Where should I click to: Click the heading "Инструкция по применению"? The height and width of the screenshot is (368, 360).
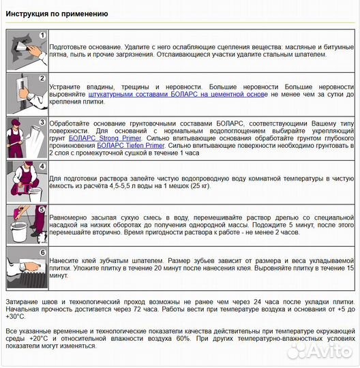(x=57, y=14)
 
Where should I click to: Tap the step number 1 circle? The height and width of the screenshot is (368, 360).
(x=42, y=35)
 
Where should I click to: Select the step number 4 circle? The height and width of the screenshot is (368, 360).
(x=42, y=166)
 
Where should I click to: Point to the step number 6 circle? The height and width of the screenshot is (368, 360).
(x=42, y=253)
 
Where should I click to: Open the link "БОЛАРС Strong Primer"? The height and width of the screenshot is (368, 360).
(x=105, y=138)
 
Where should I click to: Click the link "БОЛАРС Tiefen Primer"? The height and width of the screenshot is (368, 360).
(x=130, y=146)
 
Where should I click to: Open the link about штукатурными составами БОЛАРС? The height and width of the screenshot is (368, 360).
(x=178, y=94)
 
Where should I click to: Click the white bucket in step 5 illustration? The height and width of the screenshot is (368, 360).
(x=19, y=232)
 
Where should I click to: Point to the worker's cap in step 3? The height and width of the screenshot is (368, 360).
(x=16, y=122)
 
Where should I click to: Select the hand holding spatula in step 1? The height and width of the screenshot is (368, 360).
(x=35, y=50)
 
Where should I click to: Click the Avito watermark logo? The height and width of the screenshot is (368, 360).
(x=320, y=351)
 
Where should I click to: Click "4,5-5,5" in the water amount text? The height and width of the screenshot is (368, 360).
(x=119, y=186)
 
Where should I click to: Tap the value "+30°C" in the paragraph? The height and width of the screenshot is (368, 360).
(x=15, y=317)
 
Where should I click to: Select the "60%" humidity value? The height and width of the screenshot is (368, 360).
(x=183, y=339)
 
